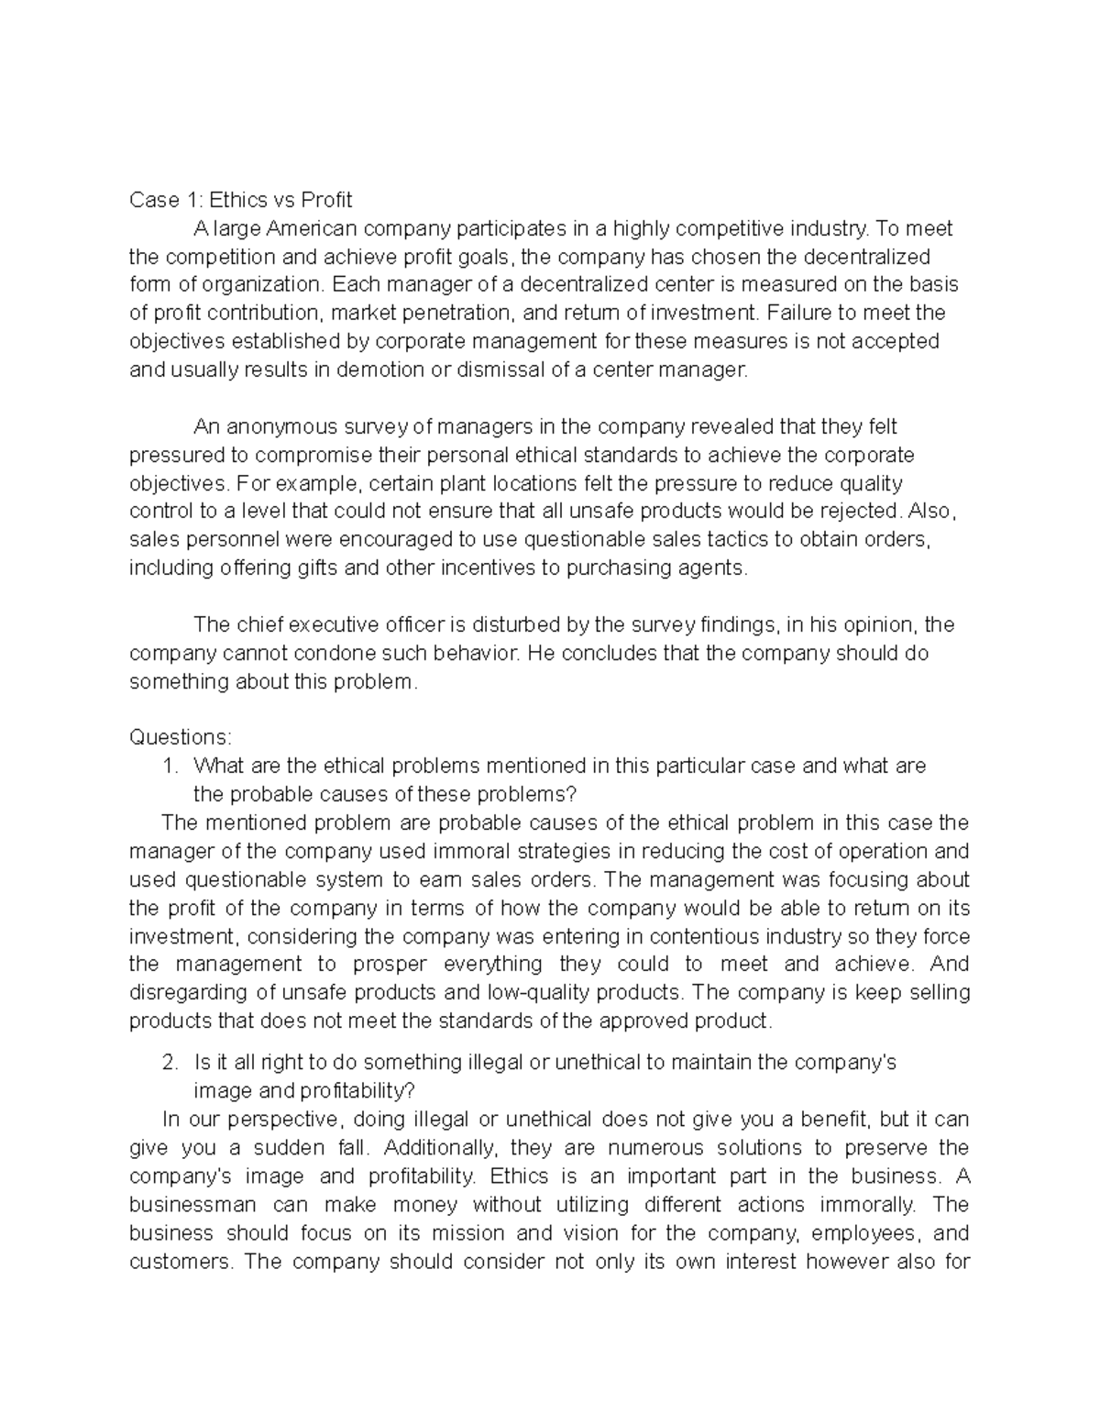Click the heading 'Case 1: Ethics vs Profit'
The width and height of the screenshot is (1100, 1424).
click(x=240, y=200)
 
